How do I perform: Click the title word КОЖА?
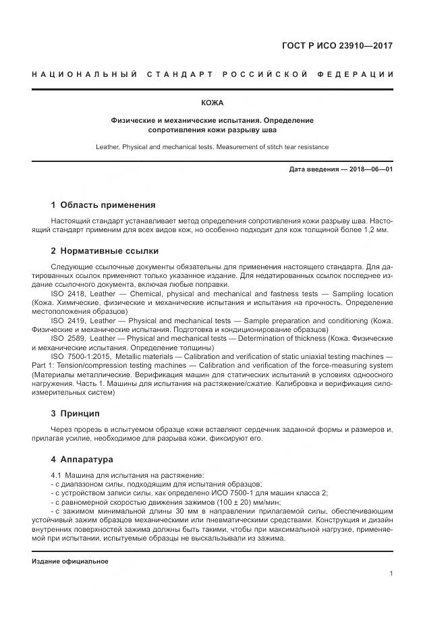[213, 103]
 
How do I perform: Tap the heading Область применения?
[108, 204]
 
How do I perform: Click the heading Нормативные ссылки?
[109, 250]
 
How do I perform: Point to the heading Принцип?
[80, 412]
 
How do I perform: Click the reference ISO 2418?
[67, 294]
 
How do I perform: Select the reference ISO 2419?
[67, 321]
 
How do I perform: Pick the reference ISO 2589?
[67, 338]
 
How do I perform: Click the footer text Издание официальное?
[70, 561]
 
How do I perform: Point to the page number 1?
[391, 574]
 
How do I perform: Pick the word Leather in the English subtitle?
[109, 146]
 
